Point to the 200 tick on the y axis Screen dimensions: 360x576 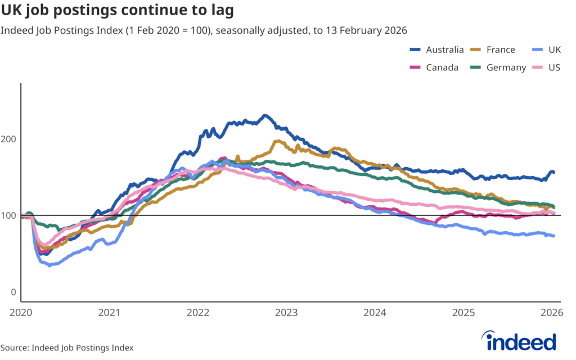click(x=11, y=139)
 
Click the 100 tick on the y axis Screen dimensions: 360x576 click(x=11, y=216)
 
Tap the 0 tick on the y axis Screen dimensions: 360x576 click(x=14, y=292)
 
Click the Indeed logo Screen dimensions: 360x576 click(x=519, y=341)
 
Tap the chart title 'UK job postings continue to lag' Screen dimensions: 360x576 click(x=118, y=11)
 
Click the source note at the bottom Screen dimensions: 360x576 click(x=67, y=348)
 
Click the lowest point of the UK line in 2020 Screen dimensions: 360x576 click(x=49, y=264)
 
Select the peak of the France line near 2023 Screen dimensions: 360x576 click(x=277, y=141)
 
